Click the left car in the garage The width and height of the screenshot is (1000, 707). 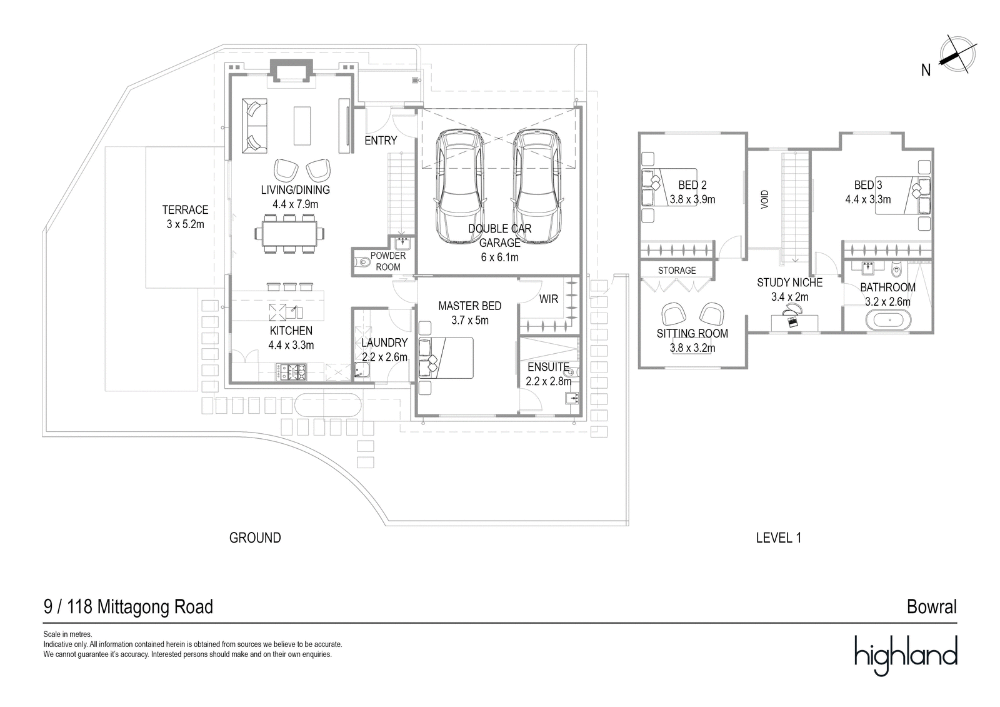point(461,187)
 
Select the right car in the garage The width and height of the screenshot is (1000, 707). point(536,187)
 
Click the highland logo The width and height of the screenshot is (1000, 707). point(906,654)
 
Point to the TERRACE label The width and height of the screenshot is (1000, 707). point(185,210)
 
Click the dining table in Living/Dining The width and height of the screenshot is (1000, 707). point(290,234)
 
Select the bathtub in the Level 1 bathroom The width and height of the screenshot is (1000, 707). point(887,321)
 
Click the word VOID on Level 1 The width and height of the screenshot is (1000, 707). point(764,199)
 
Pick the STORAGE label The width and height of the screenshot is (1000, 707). point(676,270)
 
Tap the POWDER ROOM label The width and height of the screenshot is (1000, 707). point(387,261)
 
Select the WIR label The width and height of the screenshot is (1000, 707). point(548,299)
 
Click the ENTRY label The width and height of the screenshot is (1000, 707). point(381,141)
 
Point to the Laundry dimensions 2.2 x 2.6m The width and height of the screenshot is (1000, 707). point(384,357)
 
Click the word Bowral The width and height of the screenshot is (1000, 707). point(931,606)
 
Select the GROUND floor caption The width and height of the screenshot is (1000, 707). point(255,538)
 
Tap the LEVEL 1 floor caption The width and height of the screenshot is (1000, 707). point(778,538)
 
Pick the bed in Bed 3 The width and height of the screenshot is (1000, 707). point(899,195)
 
